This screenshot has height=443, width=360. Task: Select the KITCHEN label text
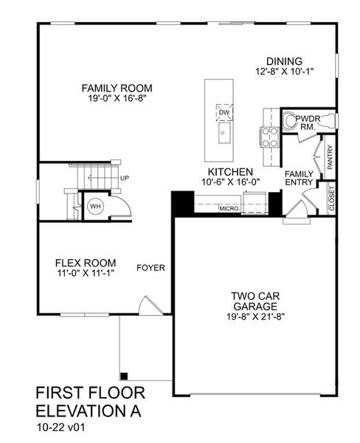tap(230, 171)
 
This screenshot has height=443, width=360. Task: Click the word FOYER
tap(150, 268)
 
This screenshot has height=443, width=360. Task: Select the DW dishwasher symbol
tap(223, 112)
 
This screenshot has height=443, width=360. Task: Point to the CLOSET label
tap(331, 199)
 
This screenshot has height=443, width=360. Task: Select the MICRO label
tap(226, 209)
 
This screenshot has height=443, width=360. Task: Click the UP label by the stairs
tap(125, 179)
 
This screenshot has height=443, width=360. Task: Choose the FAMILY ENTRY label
tap(300, 178)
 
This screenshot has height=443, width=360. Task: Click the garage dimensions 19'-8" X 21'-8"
tap(252, 316)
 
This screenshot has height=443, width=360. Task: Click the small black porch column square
tap(124, 375)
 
